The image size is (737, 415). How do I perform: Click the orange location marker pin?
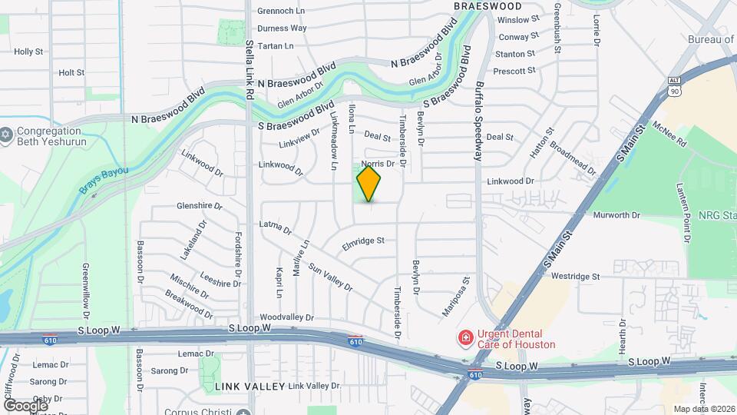[x=368, y=184]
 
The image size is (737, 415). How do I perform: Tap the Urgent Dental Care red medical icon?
[x=464, y=338]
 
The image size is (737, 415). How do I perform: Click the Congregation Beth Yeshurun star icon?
[x=6, y=134]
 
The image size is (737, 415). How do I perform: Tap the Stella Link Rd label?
[x=250, y=70]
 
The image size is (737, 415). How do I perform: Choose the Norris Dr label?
[x=377, y=164]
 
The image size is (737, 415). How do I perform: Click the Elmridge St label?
[x=362, y=242]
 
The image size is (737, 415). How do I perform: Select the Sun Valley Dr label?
[x=330, y=278]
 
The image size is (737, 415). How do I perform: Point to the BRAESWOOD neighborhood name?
[x=487, y=6]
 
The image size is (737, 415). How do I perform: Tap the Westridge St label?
[x=575, y=276]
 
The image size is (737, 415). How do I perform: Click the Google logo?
[x=25, y=405]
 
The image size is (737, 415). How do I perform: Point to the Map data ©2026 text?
[x=703, y=409]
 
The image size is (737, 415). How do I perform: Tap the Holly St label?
[x=28, y=51]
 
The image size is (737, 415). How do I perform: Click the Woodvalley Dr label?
[x=287, y=317]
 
